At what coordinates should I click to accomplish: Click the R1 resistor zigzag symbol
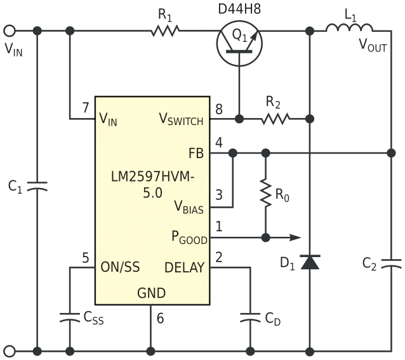165,30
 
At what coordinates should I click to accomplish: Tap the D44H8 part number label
239,9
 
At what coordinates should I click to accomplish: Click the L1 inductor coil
350,28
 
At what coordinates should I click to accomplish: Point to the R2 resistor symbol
275,119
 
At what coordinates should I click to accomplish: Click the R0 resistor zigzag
266,192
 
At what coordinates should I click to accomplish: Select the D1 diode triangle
310,262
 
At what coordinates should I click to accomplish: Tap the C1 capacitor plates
37,186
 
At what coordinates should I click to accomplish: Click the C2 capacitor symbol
391,263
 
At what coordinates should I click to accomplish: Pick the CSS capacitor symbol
70,317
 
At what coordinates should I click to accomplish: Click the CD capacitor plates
250,317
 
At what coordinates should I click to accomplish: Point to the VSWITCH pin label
181,119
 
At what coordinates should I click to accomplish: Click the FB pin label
196,154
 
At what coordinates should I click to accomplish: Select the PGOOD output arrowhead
295,237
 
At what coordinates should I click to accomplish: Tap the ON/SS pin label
120,267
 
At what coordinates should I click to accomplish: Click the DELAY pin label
185,267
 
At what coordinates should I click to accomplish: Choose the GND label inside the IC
151,293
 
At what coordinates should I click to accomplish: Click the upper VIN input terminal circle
10,30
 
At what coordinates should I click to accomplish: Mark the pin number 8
219,109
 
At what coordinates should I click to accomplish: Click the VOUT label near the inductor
373,46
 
